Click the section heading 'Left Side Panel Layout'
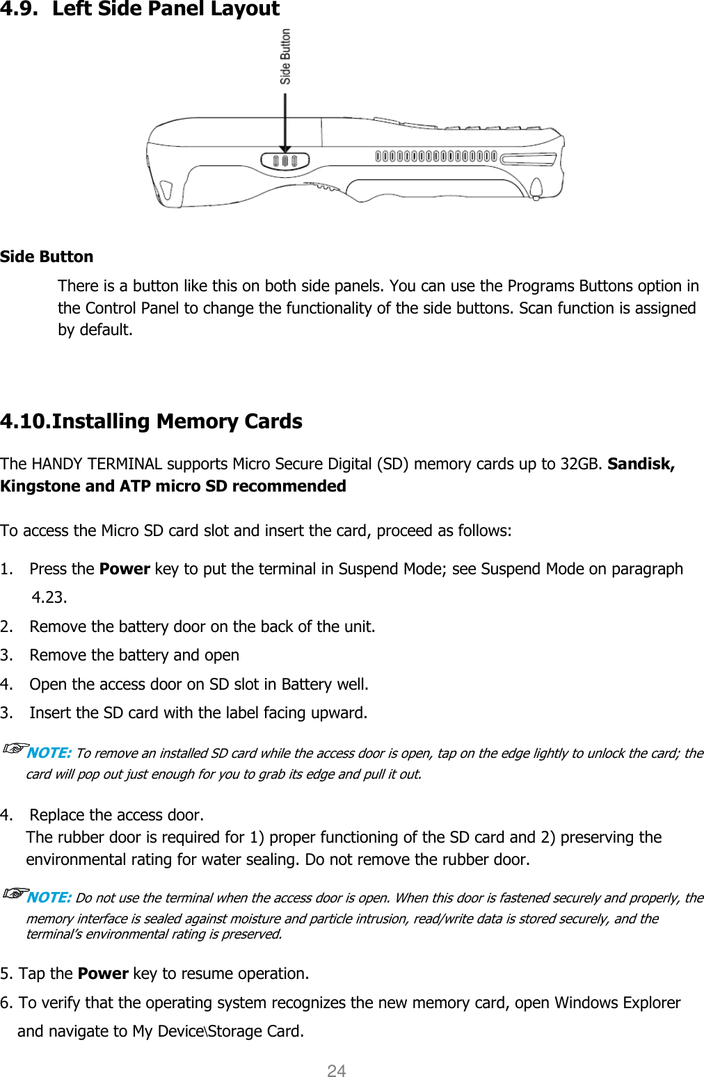click(166, 9)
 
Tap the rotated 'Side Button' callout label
click(285, 56)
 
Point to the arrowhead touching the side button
click(285, 147)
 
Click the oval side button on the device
click(285, 161)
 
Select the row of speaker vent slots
click(435, 156)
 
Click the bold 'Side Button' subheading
click(47, 257)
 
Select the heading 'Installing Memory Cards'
click(177, 421)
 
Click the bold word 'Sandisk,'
click(641, 464)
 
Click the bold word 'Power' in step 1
click(125, 569)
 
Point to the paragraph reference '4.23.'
click(49, 597)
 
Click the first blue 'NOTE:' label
click(49, 753)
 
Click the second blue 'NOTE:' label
click(49, 898)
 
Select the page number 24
click(337, 1071)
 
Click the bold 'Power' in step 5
click(103, 973)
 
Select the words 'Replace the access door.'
click(117, 815)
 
